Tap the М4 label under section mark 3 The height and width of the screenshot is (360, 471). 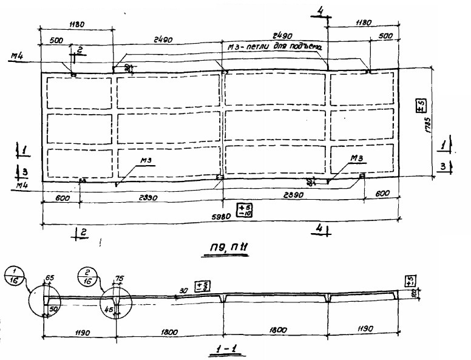(x=22, y=185)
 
